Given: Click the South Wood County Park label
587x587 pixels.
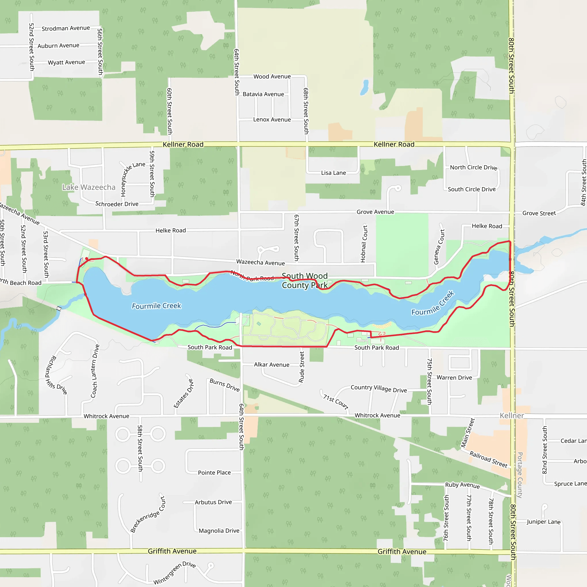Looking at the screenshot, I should point(305,280).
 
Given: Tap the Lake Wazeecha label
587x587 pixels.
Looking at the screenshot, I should point(89,187).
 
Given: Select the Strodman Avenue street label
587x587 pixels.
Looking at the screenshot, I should point(66,28).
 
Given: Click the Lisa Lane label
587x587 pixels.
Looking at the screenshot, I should point(333,173).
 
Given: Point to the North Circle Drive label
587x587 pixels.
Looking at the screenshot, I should point(473,167).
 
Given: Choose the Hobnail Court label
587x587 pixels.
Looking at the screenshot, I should point(364,243).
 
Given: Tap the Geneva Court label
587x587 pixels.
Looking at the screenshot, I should point(439,247).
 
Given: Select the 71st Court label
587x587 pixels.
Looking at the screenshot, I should point(335,402).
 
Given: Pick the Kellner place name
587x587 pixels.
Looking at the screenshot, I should point(512,415).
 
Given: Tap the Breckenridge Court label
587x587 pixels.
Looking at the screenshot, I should point(148,514).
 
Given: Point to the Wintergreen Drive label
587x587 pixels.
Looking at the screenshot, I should point(174,573).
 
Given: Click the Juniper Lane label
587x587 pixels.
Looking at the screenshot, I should point(543,522).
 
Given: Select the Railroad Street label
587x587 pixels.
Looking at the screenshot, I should point(488,459).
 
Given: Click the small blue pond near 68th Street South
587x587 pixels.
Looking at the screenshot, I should point(364,87).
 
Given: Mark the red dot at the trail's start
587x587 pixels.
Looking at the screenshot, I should point(87,259).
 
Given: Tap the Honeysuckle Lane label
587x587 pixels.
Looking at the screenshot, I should point(132,179).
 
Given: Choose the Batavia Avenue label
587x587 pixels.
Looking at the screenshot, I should point(263,94).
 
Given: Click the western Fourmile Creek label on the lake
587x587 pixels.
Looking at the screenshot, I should point(156,306).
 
